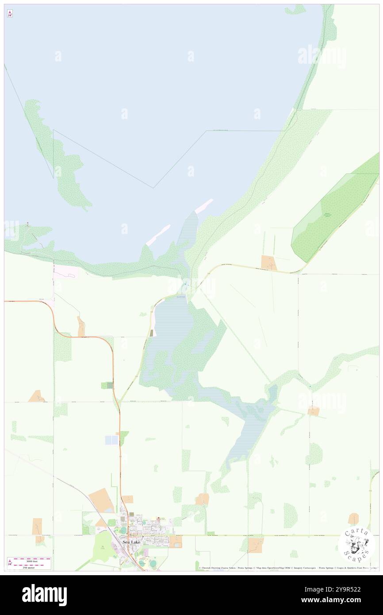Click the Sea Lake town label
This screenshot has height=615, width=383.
coord(131,542)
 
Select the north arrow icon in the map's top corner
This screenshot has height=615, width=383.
coord(10,14)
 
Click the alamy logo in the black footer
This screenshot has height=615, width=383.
coord(44,595)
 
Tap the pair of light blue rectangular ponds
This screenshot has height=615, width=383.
coord(111,440)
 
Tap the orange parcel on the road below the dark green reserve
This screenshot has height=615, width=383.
coord(268,262)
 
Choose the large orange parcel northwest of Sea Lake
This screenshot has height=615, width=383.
coord(102,500)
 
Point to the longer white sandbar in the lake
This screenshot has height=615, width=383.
coord(158,234)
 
